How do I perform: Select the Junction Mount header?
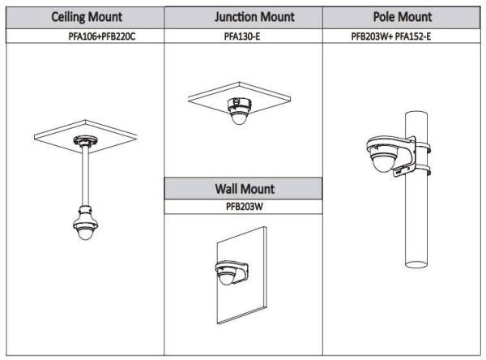pyautogui.click(x=244, y=17)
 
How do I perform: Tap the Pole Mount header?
pyautogui.click(x=402, y=17)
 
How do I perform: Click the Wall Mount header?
pyautogui.click(x=244, y=189)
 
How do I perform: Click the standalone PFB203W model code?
pyautogui.click(x=244, y=207)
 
